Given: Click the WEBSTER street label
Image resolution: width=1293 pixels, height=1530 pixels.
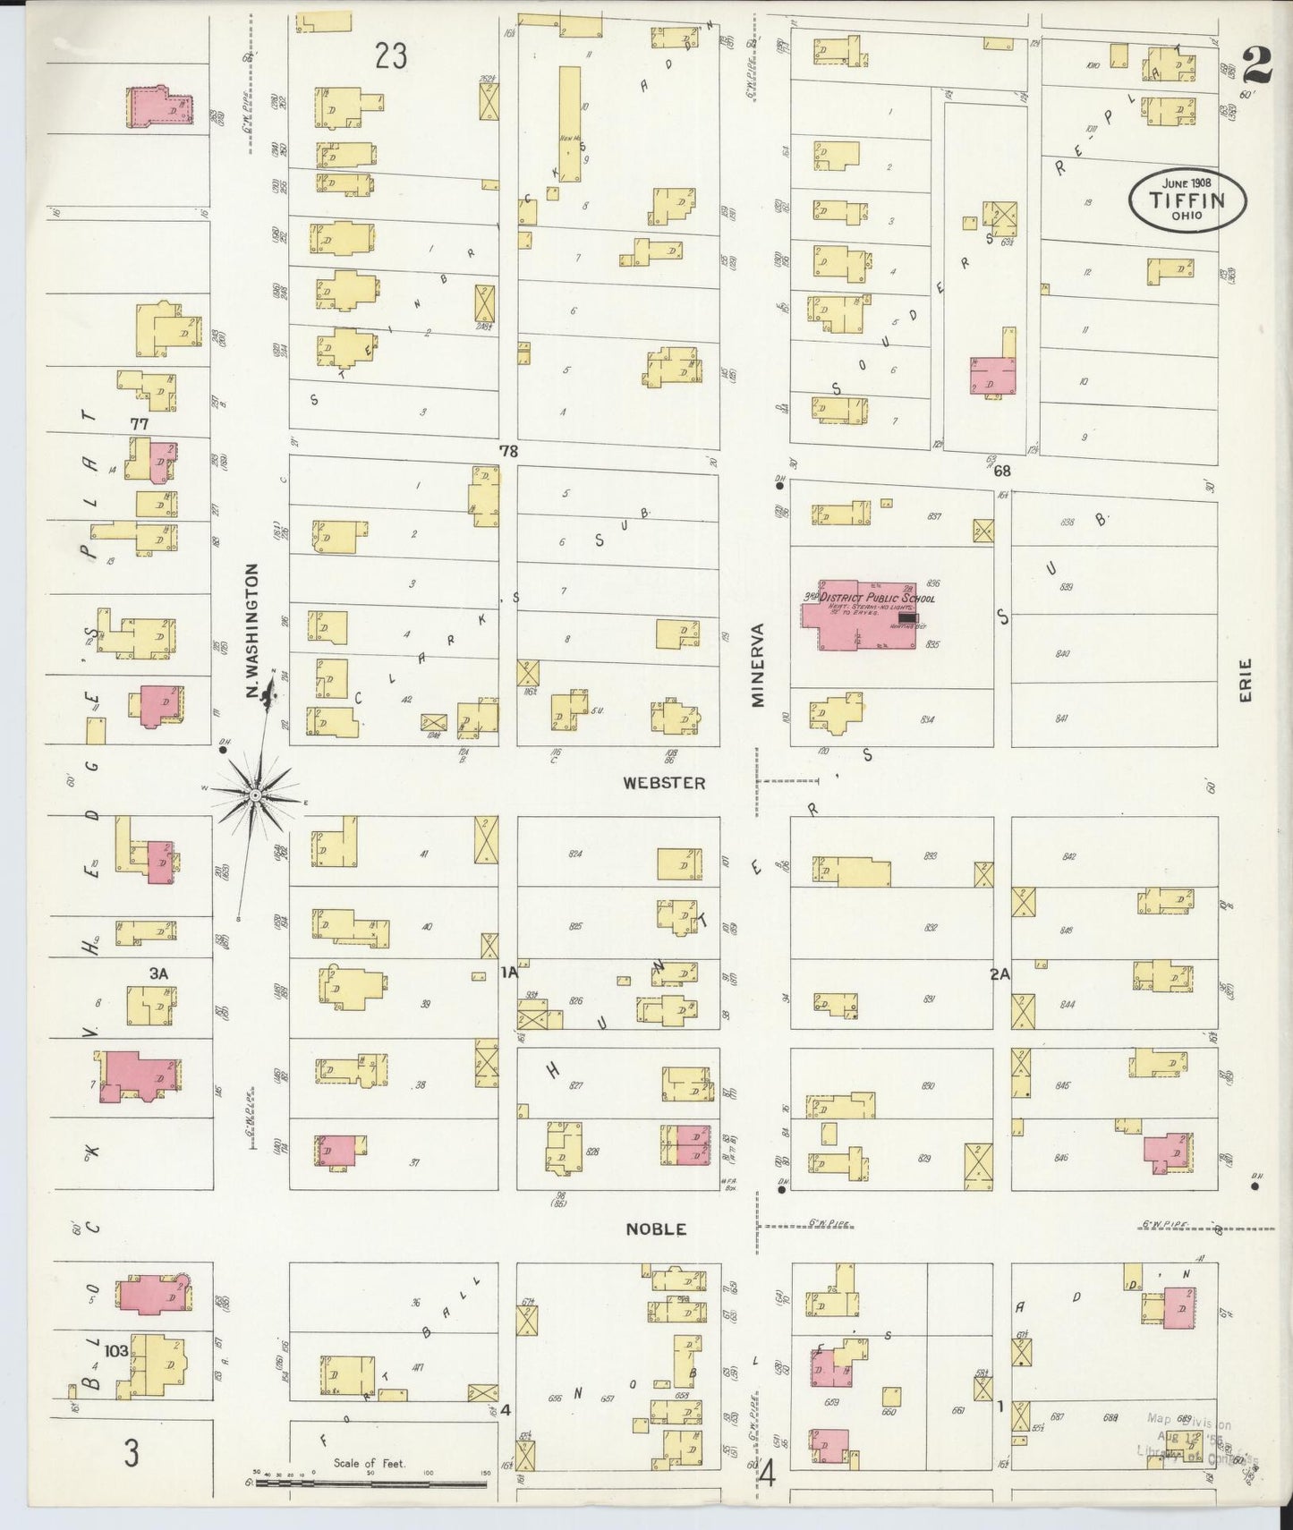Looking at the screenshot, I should [664, 783].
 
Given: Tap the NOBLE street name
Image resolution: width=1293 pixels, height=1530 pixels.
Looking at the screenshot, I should [656, 1229].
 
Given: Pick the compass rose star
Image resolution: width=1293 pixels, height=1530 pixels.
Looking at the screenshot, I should [255, 795].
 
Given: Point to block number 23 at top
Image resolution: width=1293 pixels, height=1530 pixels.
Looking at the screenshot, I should [391, 56].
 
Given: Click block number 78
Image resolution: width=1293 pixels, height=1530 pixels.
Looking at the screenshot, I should [508, 452].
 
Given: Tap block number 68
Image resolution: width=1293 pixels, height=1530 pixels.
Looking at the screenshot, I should [1000, 471].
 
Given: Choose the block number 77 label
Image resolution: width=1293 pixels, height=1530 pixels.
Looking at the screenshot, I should [139, 422].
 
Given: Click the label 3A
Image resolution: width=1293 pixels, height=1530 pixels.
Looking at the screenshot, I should [159, 973].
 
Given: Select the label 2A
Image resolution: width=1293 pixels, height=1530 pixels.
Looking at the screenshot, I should [1000, 975].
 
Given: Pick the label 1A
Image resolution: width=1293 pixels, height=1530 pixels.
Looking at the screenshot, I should [509, 973].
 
